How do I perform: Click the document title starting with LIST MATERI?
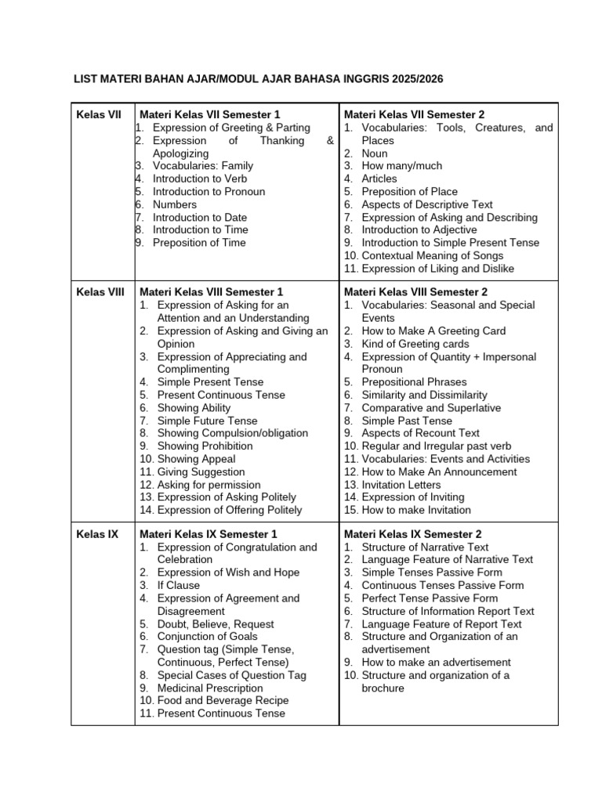tap(263, 79)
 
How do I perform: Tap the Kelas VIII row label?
tap(100, 292)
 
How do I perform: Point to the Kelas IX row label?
tap(97, 534)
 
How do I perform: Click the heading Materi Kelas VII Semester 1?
tap(209, 115)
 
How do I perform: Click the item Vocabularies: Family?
tap(202, 166)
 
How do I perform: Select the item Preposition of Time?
tap(199, 243)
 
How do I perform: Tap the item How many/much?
tap(401, 166)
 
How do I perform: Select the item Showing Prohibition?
tap(205, 446)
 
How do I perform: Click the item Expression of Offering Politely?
tap(229, 510)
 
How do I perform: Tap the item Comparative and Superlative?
tap(431, 408)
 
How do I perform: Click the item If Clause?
tap(178, 585)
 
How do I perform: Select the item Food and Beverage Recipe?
tap(223, 700)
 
